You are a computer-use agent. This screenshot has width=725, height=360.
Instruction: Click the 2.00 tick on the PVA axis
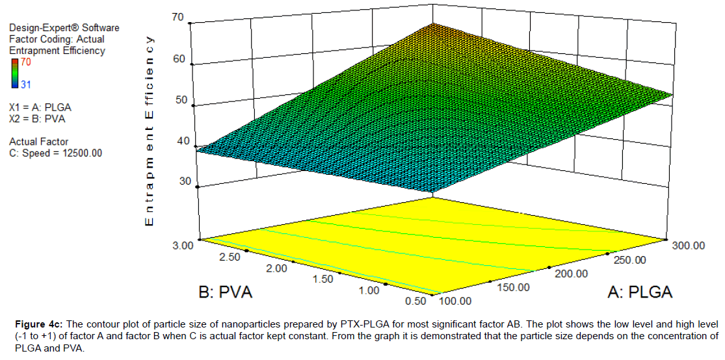(x=277, y=268)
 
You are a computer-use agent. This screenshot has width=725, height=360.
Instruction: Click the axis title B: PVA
(x=225, y=292)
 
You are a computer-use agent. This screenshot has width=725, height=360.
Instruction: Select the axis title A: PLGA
(x=640, y=292)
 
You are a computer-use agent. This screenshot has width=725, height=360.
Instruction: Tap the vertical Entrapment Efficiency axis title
(x=150, y=130)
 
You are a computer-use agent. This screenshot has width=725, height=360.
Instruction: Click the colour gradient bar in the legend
(x=15, y=73)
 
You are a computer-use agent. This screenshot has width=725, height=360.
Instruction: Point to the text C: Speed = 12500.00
(x=55, y=153)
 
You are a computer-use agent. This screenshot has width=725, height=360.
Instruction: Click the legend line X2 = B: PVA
(x=37, y=118)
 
